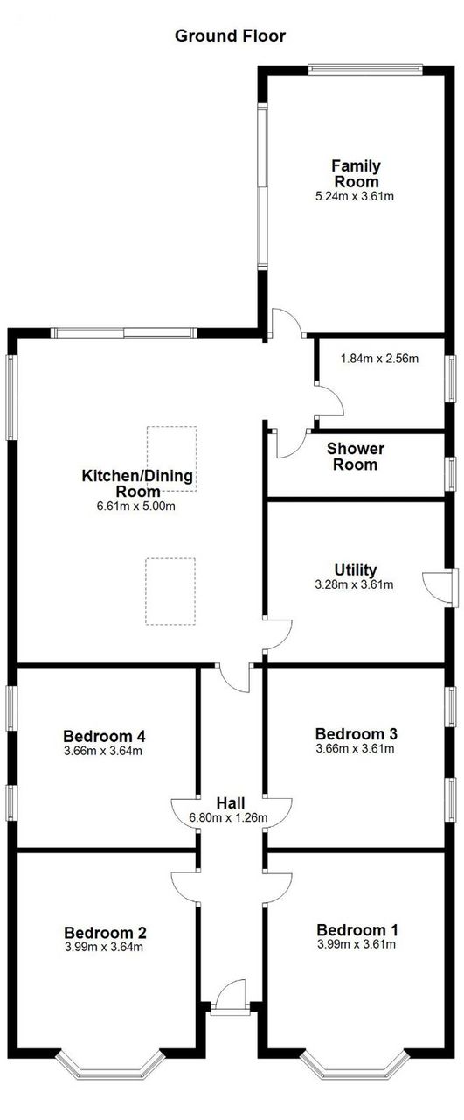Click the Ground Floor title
[x=230, y=36]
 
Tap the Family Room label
[x=357, y=173]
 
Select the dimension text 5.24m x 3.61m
[x=355, y=196]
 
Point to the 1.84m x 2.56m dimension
[x=379, y=358]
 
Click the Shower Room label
[x=356, y=457]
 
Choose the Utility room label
[x=355, y=570]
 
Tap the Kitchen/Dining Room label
[x=137, y=483]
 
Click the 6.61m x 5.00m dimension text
[x=135, y=506]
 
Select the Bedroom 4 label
[x=104, y=736]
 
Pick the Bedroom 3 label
[x=357, y=733]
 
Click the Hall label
[x=231, y=803]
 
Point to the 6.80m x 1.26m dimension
[x=228, y=818]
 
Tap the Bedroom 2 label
[x=105, y=933]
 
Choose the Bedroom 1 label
[x=357, y=930]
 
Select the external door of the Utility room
[x=440, y=588]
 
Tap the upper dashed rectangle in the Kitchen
[x=171, y=458]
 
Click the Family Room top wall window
[x=365, y=69]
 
